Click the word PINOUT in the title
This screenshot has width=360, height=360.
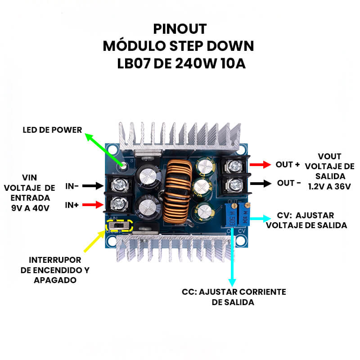pos(180,29)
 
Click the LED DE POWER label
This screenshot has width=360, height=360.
pos(52,130)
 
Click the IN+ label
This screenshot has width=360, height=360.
pos(72,205)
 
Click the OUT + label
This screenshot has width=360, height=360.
pos(288,165)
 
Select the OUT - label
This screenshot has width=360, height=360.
pos(288,183)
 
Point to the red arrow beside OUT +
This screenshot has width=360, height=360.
pos(261,165)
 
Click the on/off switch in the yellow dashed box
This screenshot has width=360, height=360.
pos(119,225)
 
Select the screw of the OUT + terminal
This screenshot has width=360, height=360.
pos(234,165)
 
